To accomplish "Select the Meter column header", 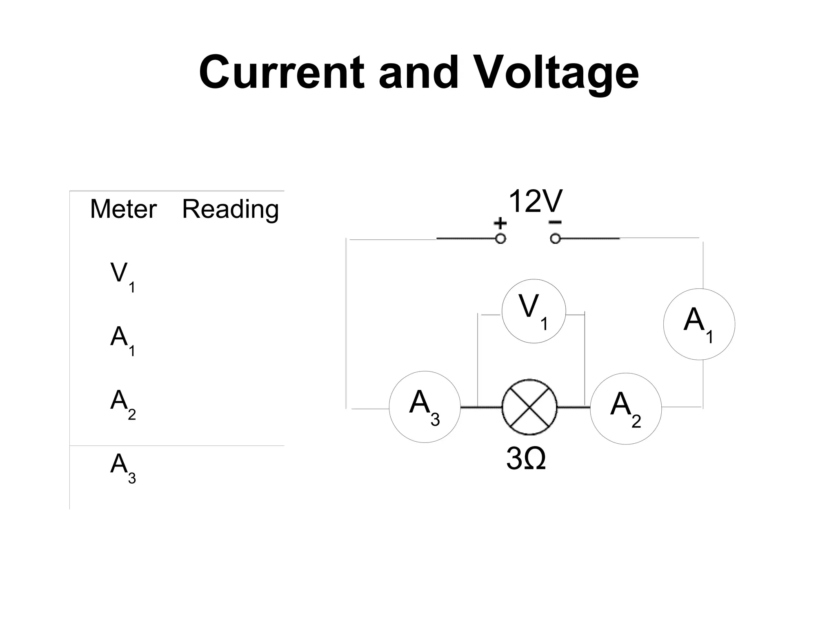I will (123, 209).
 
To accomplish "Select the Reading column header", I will (230, 210).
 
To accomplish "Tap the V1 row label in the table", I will (122, 277).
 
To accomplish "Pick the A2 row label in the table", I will (122, 403).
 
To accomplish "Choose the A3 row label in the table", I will (122, 467).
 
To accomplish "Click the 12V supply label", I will (535, 201).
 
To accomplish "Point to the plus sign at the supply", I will (500, 223).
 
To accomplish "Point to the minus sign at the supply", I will (555, 222).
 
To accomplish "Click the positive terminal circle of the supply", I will (500, 239).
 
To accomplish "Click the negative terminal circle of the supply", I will (555, 239).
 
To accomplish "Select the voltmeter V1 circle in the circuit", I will (534, 311).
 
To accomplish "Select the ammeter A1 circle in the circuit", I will (699, 324).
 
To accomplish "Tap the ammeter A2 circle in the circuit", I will (625, 408).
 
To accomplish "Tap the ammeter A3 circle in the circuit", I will (425, 407).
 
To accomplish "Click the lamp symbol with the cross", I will (529, 407).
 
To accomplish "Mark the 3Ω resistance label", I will (526, 458).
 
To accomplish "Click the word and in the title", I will (418, 73).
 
